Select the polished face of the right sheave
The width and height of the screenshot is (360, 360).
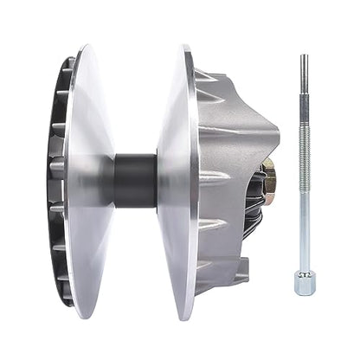pos(178,182)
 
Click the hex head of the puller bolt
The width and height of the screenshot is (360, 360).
pos(303,282)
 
